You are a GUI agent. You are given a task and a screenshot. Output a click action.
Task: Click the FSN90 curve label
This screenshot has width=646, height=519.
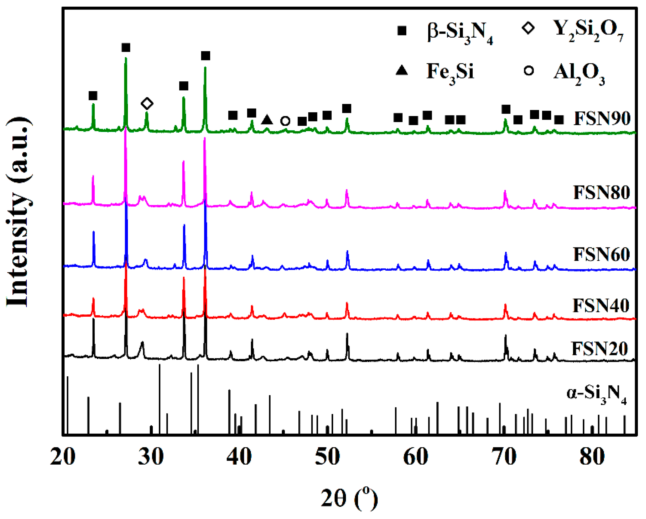pos(602,119)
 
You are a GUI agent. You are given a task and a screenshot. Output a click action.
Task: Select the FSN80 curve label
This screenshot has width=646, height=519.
pos(602,192)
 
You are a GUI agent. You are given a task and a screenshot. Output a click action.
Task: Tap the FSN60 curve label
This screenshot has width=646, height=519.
pos(602,254)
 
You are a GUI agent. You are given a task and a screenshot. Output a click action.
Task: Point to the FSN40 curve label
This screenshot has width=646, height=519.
pos(601,306)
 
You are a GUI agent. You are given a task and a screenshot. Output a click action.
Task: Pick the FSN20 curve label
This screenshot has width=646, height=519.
pos(600,349)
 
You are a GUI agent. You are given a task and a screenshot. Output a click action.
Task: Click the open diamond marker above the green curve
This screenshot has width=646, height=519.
pos(147,104)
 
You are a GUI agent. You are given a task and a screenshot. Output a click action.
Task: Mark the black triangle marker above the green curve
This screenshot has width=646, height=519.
pos(267,120)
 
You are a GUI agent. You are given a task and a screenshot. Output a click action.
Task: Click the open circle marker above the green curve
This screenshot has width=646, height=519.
pos(285,121)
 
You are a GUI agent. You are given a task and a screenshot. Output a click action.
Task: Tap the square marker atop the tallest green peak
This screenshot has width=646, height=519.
pos(126,48)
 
